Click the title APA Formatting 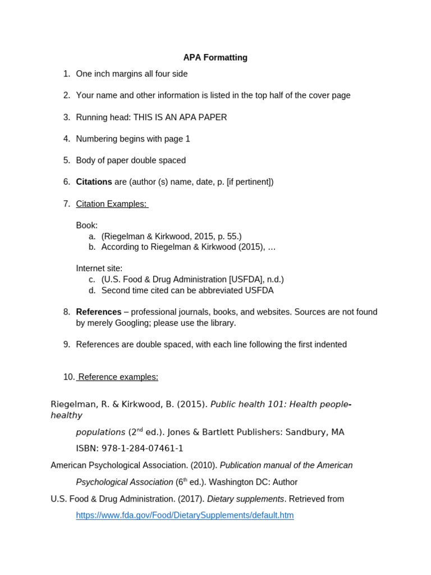[x=215, y=58]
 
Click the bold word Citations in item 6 [x=94, y=182]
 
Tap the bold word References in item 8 [x=99, y=312]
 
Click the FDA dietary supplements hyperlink [x=185, y=515]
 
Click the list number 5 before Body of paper [x=67, y=161]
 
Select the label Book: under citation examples [x=87, y=225]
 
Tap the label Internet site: [x=99, y=268]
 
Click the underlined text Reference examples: [x=118, y=377]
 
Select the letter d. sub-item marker [x=92, y=290]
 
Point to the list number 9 [x=67, y=344]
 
